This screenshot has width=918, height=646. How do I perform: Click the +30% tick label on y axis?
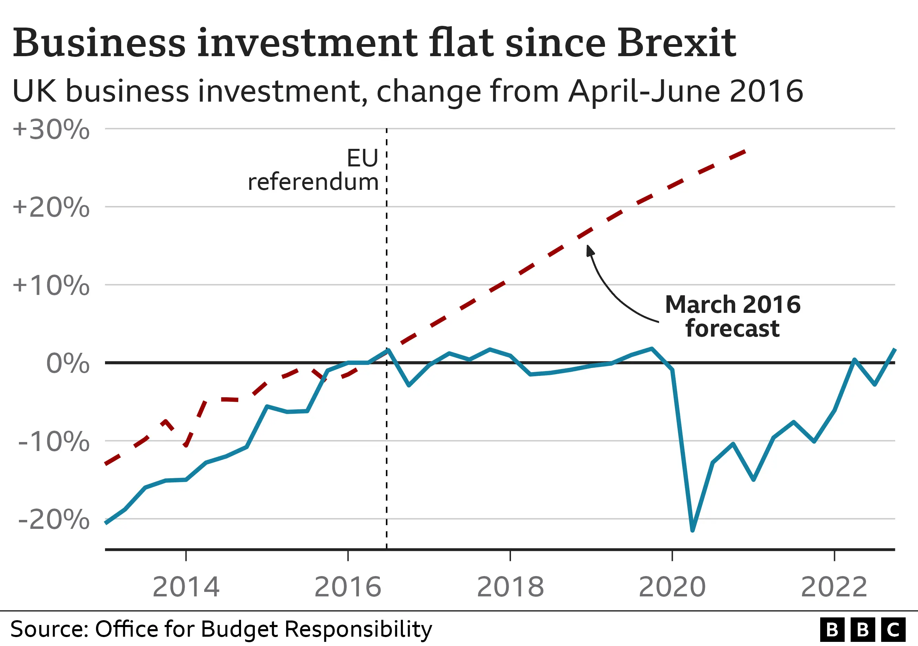51,130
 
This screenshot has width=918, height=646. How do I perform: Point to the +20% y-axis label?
51,208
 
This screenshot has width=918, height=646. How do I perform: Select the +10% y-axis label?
51,286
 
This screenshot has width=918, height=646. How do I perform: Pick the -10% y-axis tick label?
54,442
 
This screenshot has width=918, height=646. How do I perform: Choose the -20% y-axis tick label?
54,520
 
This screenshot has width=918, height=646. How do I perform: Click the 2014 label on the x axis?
186,587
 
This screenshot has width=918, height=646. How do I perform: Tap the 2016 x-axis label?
348,587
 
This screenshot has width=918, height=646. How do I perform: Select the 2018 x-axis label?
510,587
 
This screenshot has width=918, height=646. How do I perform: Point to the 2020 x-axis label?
672,587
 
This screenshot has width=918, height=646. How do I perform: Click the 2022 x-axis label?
834,587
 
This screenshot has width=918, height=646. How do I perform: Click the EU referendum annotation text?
313,170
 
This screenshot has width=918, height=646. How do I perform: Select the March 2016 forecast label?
732,316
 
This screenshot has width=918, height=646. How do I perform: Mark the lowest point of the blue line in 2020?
692,530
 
